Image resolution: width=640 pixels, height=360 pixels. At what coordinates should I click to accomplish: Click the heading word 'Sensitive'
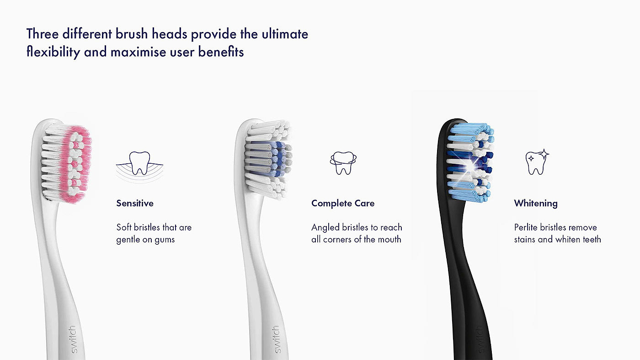135,203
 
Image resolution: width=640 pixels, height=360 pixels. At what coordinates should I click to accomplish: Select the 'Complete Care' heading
343,203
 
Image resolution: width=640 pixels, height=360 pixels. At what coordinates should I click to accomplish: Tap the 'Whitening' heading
536,203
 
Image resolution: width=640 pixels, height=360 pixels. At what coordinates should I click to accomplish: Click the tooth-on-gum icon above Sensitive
139,166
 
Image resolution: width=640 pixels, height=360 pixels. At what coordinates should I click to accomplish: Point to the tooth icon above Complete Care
343,163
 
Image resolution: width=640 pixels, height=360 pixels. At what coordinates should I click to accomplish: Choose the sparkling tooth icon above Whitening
537,162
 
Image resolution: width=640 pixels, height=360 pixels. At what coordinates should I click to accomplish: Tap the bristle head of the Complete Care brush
268,160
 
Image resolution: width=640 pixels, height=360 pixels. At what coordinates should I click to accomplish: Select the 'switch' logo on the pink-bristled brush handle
74,339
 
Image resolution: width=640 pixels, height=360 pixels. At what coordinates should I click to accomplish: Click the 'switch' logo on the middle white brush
277,339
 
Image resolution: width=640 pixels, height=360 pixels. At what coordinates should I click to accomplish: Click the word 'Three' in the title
42,34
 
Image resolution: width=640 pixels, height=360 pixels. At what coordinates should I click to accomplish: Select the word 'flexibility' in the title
53,52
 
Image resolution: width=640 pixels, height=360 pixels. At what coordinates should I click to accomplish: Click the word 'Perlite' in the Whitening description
525,227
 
